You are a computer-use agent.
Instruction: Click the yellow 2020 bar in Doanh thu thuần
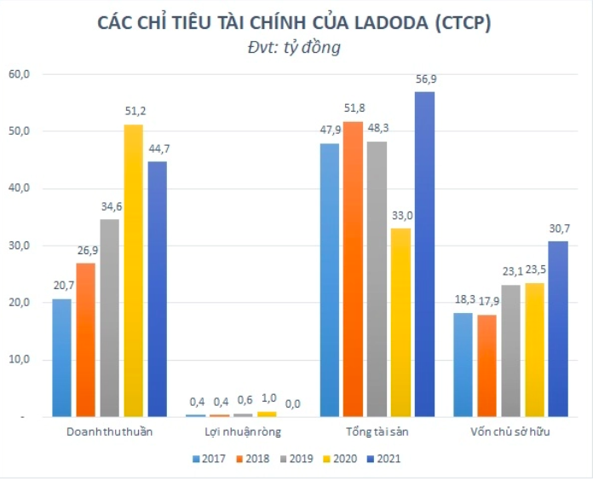pyautogui.click(x=133, y=271)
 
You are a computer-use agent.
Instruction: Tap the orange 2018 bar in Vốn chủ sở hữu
pyautogui.click(x=486, y=365)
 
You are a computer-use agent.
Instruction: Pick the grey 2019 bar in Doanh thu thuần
pyautogui.click(x=109, y=318)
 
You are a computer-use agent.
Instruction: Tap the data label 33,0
pyautogui.click(x=400, y=216)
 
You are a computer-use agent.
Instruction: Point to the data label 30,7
pyautogui.click(x=558, y=229)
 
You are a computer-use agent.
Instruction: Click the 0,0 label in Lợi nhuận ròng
pyautogui.click(x=291, y=403)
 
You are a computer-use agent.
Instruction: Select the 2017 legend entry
pyautogui.click(x=210, y=458)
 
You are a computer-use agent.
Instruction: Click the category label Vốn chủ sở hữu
pyautogui.click(x=510, y=432)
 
